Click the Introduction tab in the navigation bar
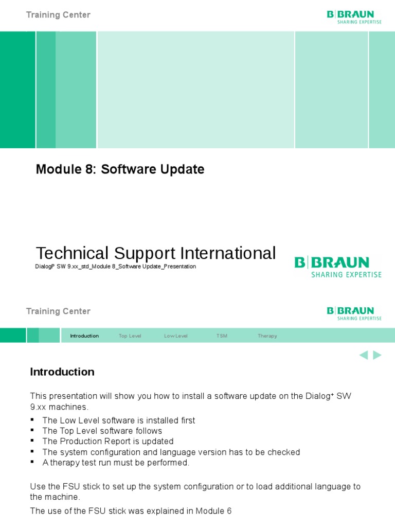pos(84,336)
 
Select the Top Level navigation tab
pos(130,336)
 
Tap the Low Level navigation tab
pos(176,336)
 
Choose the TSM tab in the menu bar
pos(222,336)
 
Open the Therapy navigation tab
pos(267,336)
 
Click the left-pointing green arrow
pos(364,355)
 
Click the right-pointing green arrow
pos(377,355)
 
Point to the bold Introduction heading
pos(62,372)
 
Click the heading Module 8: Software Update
pos(120,169)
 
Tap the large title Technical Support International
pos(155,253)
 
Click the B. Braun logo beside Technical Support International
pos(338,267)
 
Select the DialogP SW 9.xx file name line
pos(115,267)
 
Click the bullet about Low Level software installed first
pos(119,420)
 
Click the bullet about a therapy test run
pos(116,463)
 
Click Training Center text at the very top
pos(58,15)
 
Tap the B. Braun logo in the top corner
pos(354,17)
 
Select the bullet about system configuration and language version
pos(171,452)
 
